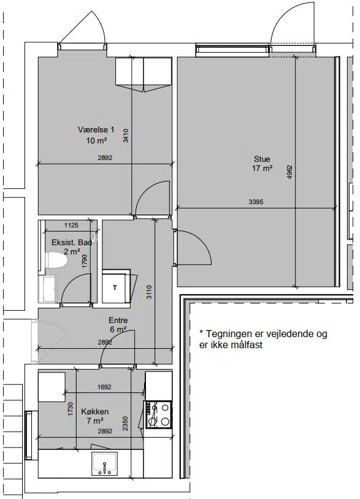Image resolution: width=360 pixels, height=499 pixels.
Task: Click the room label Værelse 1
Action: [96, 129]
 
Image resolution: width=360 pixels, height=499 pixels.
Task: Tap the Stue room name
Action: [262, 159]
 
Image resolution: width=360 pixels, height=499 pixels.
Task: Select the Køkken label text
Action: [95, 411]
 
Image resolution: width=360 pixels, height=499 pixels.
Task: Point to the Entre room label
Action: [118, 320]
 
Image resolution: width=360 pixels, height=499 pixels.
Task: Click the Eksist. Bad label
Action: [72, 242]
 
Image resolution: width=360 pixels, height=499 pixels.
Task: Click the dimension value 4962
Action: [289, 172]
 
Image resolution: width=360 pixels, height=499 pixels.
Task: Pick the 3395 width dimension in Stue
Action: [256, 202]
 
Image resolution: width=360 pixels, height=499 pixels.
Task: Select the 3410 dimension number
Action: [126, 135]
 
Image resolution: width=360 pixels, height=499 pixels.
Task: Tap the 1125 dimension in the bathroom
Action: [71, 226]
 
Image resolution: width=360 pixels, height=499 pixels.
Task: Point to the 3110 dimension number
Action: [149, 292]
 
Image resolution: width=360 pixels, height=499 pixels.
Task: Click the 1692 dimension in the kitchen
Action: [104, 387]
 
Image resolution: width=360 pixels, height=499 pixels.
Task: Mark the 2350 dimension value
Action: [125, 424]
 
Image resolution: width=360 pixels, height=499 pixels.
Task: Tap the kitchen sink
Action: [104, 463]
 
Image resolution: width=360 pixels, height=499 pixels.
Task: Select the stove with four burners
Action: [158, 414]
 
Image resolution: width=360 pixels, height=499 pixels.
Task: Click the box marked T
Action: [116, 287]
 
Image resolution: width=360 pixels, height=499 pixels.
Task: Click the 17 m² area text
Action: [262, 168]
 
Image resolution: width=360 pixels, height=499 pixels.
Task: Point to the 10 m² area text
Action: [96, 140]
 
